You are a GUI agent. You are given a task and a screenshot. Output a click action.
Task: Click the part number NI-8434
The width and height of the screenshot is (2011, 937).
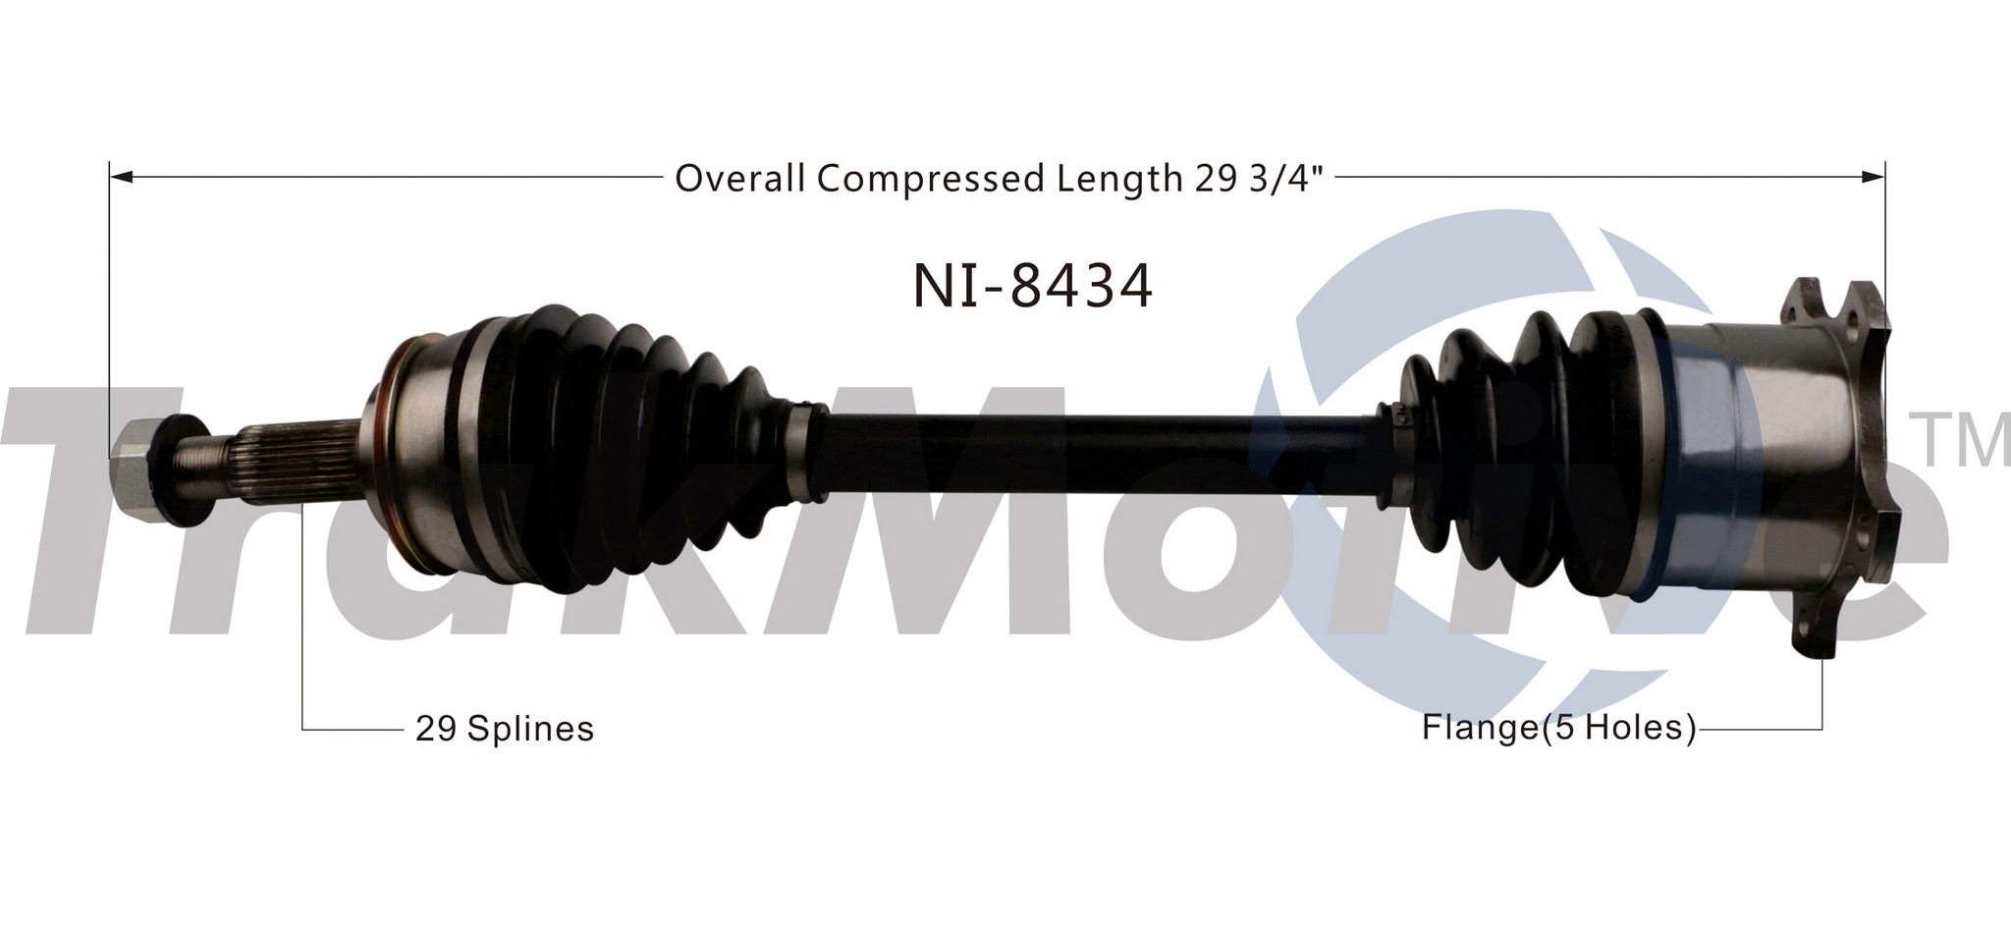(1033, 287)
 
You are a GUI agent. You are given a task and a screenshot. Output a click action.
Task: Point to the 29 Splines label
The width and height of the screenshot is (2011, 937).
(505, 729)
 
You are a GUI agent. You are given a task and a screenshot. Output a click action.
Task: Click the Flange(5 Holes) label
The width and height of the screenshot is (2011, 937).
(1559, 728)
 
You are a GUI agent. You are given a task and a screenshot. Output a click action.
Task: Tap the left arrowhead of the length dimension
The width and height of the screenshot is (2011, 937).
(120, 178)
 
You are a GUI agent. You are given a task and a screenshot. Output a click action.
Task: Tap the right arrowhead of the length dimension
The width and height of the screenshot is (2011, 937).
(1874, 178)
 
